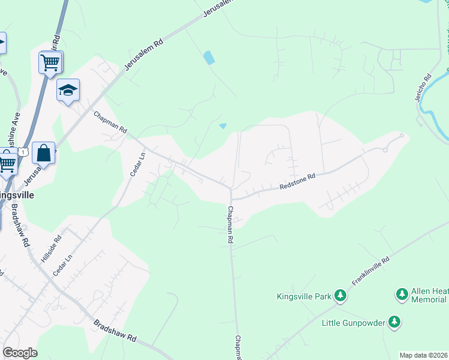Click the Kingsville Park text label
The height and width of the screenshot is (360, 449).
[304, 296]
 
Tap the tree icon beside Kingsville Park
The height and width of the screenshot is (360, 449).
[340, 295]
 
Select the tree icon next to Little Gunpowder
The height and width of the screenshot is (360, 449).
[394, 322]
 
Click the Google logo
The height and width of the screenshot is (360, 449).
[20, 353]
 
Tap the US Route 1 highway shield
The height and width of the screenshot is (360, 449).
[23, 153]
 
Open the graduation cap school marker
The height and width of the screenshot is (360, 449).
[68, 91]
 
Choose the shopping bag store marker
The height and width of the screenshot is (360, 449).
[44, 154]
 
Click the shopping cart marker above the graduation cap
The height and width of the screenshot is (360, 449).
[50, 61]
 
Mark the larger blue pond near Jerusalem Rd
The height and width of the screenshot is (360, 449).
[209, 58]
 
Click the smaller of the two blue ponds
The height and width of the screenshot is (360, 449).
[223, 125]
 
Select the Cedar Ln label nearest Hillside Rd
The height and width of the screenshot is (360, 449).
[62, 265]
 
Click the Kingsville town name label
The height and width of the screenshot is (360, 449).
[16, 196]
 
